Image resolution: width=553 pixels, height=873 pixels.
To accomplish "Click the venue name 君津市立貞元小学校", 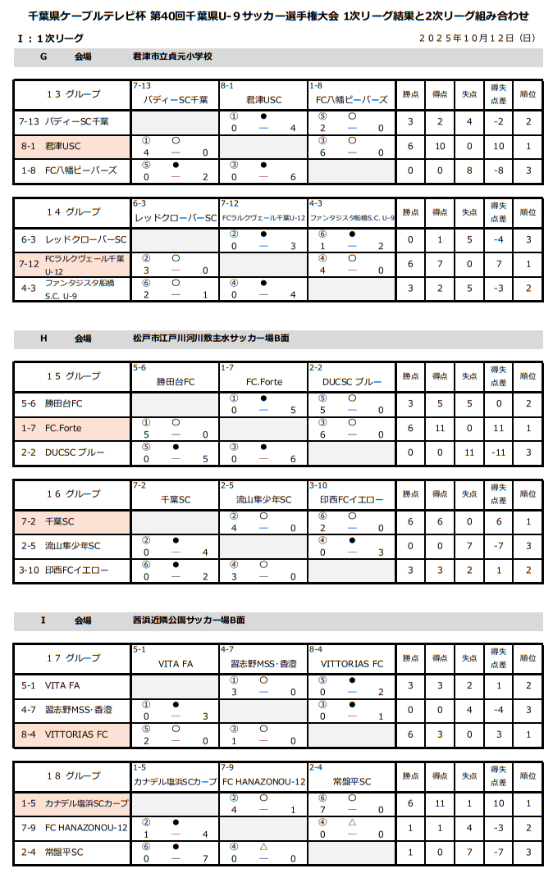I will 172,57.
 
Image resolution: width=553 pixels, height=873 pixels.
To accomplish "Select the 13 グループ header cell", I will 73,94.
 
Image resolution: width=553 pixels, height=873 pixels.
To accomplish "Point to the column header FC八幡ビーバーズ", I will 352,100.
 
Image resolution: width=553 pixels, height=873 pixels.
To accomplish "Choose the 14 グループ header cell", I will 73,212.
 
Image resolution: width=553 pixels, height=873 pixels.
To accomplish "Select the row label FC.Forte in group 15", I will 63,428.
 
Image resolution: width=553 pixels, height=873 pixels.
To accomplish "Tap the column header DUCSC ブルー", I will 352,382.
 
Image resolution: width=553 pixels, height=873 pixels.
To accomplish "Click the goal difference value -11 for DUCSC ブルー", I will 497,452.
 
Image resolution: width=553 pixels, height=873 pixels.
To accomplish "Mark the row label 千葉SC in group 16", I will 59,521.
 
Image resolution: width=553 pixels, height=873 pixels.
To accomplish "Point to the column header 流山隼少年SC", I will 263,499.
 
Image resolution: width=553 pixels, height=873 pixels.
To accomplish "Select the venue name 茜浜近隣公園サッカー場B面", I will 189,620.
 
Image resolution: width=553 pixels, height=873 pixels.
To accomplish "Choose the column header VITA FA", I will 175,664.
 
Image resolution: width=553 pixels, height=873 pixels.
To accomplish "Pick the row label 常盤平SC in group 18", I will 64,853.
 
